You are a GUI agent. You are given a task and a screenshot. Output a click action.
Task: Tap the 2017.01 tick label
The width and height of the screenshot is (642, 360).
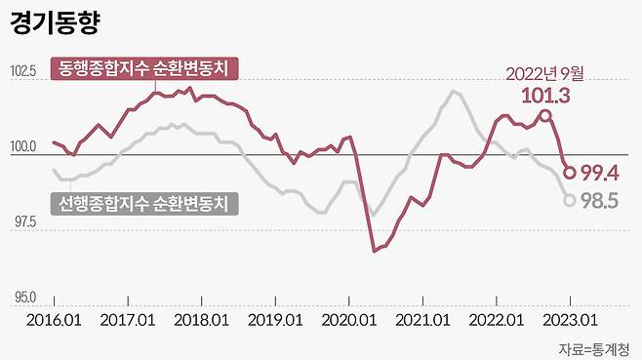tap(127, 320)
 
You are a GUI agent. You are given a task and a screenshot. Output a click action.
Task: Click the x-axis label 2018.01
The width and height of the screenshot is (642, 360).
tap(201, 320)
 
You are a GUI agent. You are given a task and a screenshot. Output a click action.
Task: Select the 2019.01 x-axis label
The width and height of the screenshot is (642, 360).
tap(275, 320)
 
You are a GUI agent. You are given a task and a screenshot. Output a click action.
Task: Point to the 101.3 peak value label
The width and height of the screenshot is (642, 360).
tap(545, 96)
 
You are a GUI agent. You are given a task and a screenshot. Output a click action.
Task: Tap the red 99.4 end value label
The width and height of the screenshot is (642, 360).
tap(600, 174)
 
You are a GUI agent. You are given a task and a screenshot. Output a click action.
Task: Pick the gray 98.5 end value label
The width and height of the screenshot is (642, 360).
tap(601, 201)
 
